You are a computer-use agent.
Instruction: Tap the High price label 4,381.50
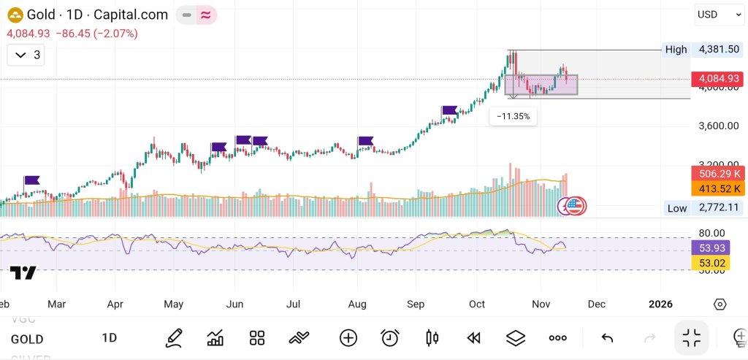click(719, 50)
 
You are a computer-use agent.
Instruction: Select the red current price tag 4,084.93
click(719, 78)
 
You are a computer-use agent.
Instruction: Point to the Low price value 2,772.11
click(719, 208)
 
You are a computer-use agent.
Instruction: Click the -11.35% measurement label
click(513, 116)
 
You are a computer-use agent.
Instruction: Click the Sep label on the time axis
click(415, 304)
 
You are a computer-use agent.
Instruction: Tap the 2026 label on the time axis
click(660, 304)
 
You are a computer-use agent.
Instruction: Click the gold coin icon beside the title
click(15, 15)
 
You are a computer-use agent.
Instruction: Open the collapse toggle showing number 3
click(28, 55)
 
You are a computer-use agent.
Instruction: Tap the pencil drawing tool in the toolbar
click(174, 337)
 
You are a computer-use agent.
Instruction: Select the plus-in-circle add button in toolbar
click(348, 337)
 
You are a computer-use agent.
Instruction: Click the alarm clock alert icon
click(390, 337)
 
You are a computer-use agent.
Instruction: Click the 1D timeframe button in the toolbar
click(109, 338)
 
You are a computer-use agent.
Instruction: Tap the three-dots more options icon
click(558, 337)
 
